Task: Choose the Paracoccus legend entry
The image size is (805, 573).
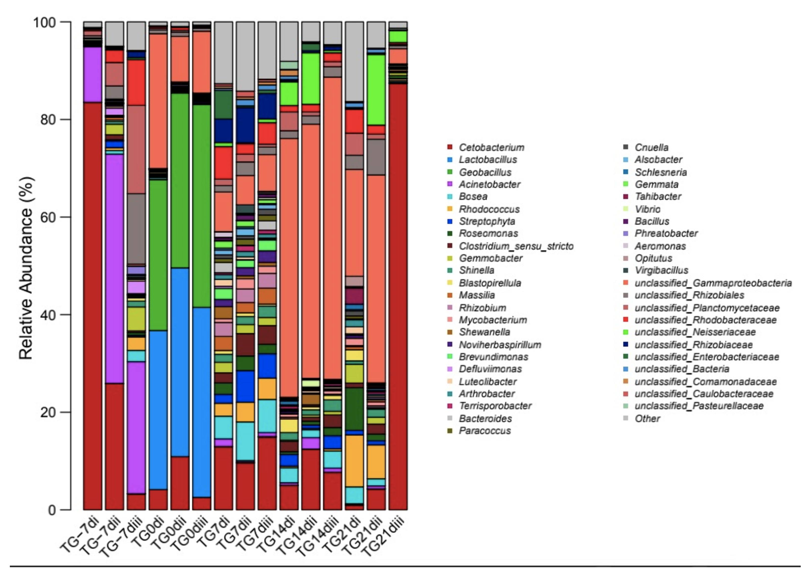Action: pos(484,431)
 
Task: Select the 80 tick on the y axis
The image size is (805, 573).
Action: pos(48,120)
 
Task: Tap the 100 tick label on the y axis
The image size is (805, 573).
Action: pos(44,22)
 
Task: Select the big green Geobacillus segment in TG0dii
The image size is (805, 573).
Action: pos(180,180)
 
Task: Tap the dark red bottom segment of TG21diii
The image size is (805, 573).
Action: pos(398,296)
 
